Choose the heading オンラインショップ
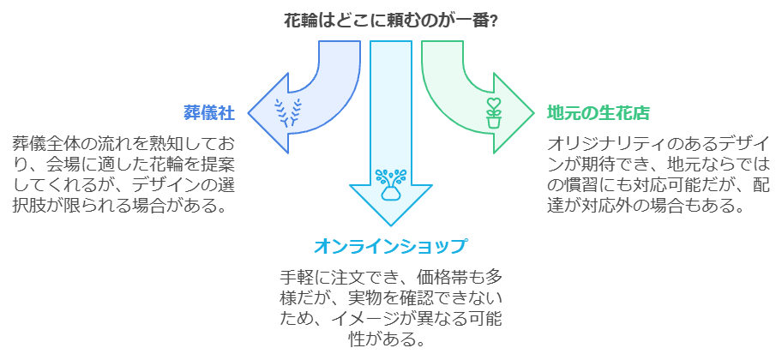point(391,247)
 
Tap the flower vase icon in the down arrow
point(391,182)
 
